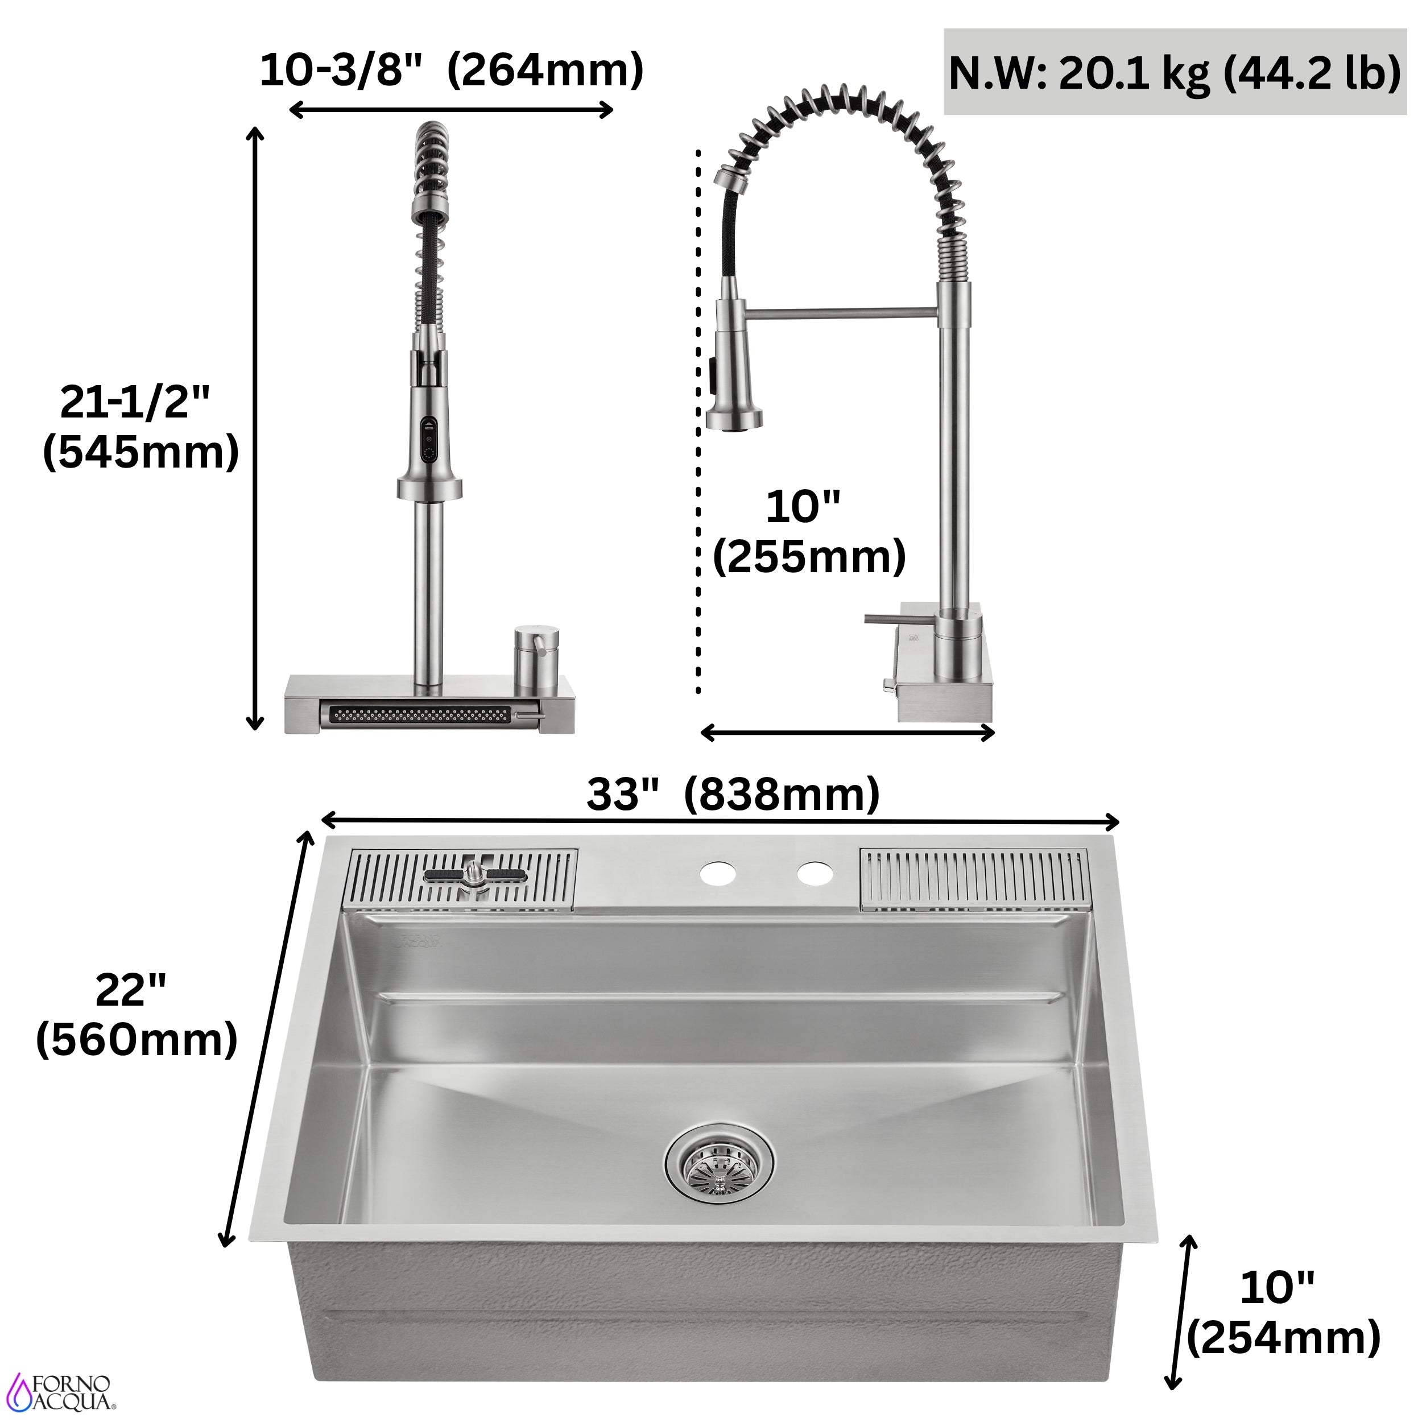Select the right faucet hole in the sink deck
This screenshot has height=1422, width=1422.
pos(822,881)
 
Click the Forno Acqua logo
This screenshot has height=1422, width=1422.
pos(70,1394)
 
